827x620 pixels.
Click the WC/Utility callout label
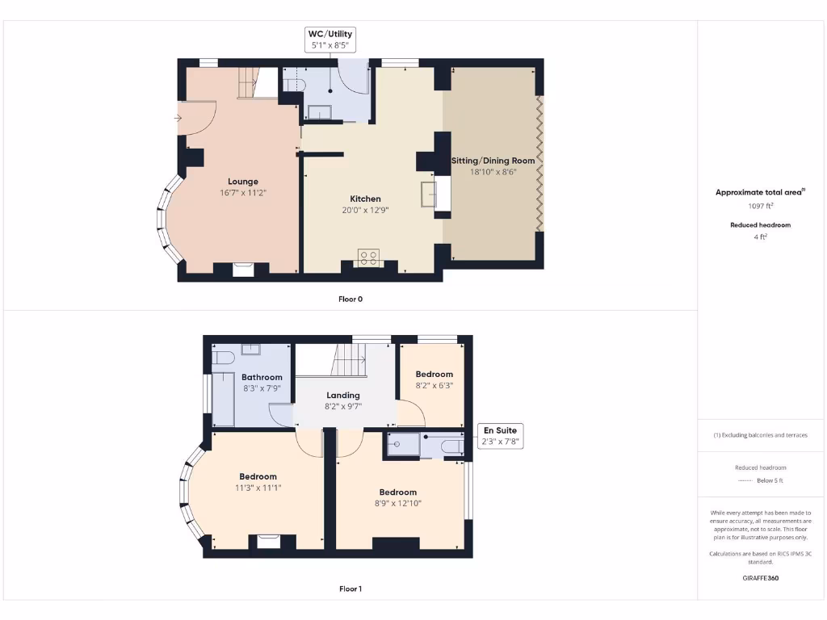[x=330, y=40]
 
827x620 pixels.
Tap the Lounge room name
[x=243, y=182]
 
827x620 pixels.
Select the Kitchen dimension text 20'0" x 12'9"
[x=365, y=210]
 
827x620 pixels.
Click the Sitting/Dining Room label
[x=493, y=161]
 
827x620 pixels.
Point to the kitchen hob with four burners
[x=369, y=258]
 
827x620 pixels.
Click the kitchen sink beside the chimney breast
[x=428, y=195]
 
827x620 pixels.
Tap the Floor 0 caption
[x=351, y=299]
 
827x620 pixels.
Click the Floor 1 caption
[x=351, y=589]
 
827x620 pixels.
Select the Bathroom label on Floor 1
[x=262, y=377]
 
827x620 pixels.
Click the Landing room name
[x=342, y=395]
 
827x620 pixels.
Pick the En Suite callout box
[x=500, y=436]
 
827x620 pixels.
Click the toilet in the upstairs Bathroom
[x=224, y=356]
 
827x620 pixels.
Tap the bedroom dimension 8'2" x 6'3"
[x=434, y=385]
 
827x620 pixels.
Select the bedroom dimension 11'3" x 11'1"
[x=258, y=488]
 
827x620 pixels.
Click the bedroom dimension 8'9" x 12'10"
[x=398, y=503]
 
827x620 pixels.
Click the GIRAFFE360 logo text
[x=760, y=578]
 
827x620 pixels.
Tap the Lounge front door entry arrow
[x=178, y=119]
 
